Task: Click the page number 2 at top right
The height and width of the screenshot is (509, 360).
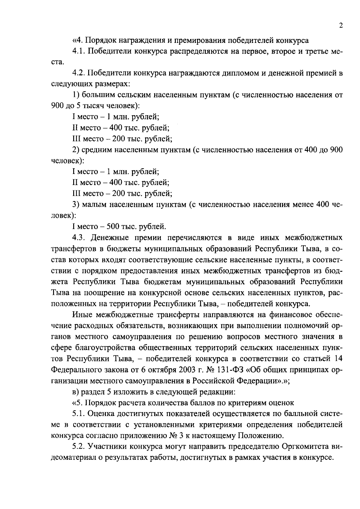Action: click(340, 26)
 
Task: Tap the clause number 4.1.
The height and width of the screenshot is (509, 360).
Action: click(79, 51)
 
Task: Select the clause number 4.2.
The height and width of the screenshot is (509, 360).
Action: click(79, 73)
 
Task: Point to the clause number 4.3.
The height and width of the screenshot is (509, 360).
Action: click(79, 238)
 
